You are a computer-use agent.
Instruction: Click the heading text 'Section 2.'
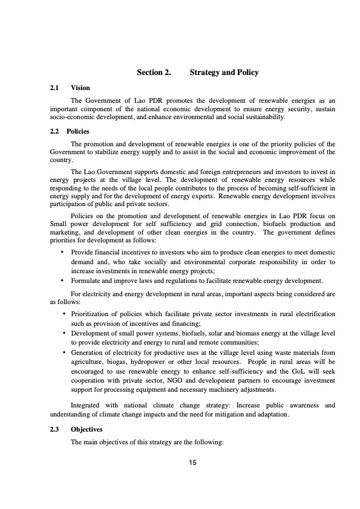(154, 73)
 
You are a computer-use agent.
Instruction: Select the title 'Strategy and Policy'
(224, 73)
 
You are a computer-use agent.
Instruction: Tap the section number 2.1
(54, 88)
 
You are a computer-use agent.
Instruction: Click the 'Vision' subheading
(80, 88)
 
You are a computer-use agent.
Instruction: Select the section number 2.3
(54, 429)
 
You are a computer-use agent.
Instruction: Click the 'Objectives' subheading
(87, 429)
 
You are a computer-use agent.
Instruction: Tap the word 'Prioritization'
(93, 314)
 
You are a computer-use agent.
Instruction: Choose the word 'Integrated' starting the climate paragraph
(87, 406)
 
